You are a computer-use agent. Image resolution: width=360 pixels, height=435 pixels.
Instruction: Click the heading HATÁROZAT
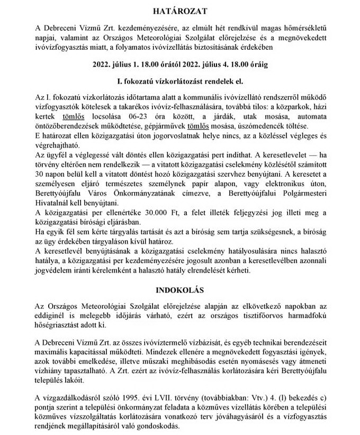coord(179,11)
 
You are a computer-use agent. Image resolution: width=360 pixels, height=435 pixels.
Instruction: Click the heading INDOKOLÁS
coord(179,290)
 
